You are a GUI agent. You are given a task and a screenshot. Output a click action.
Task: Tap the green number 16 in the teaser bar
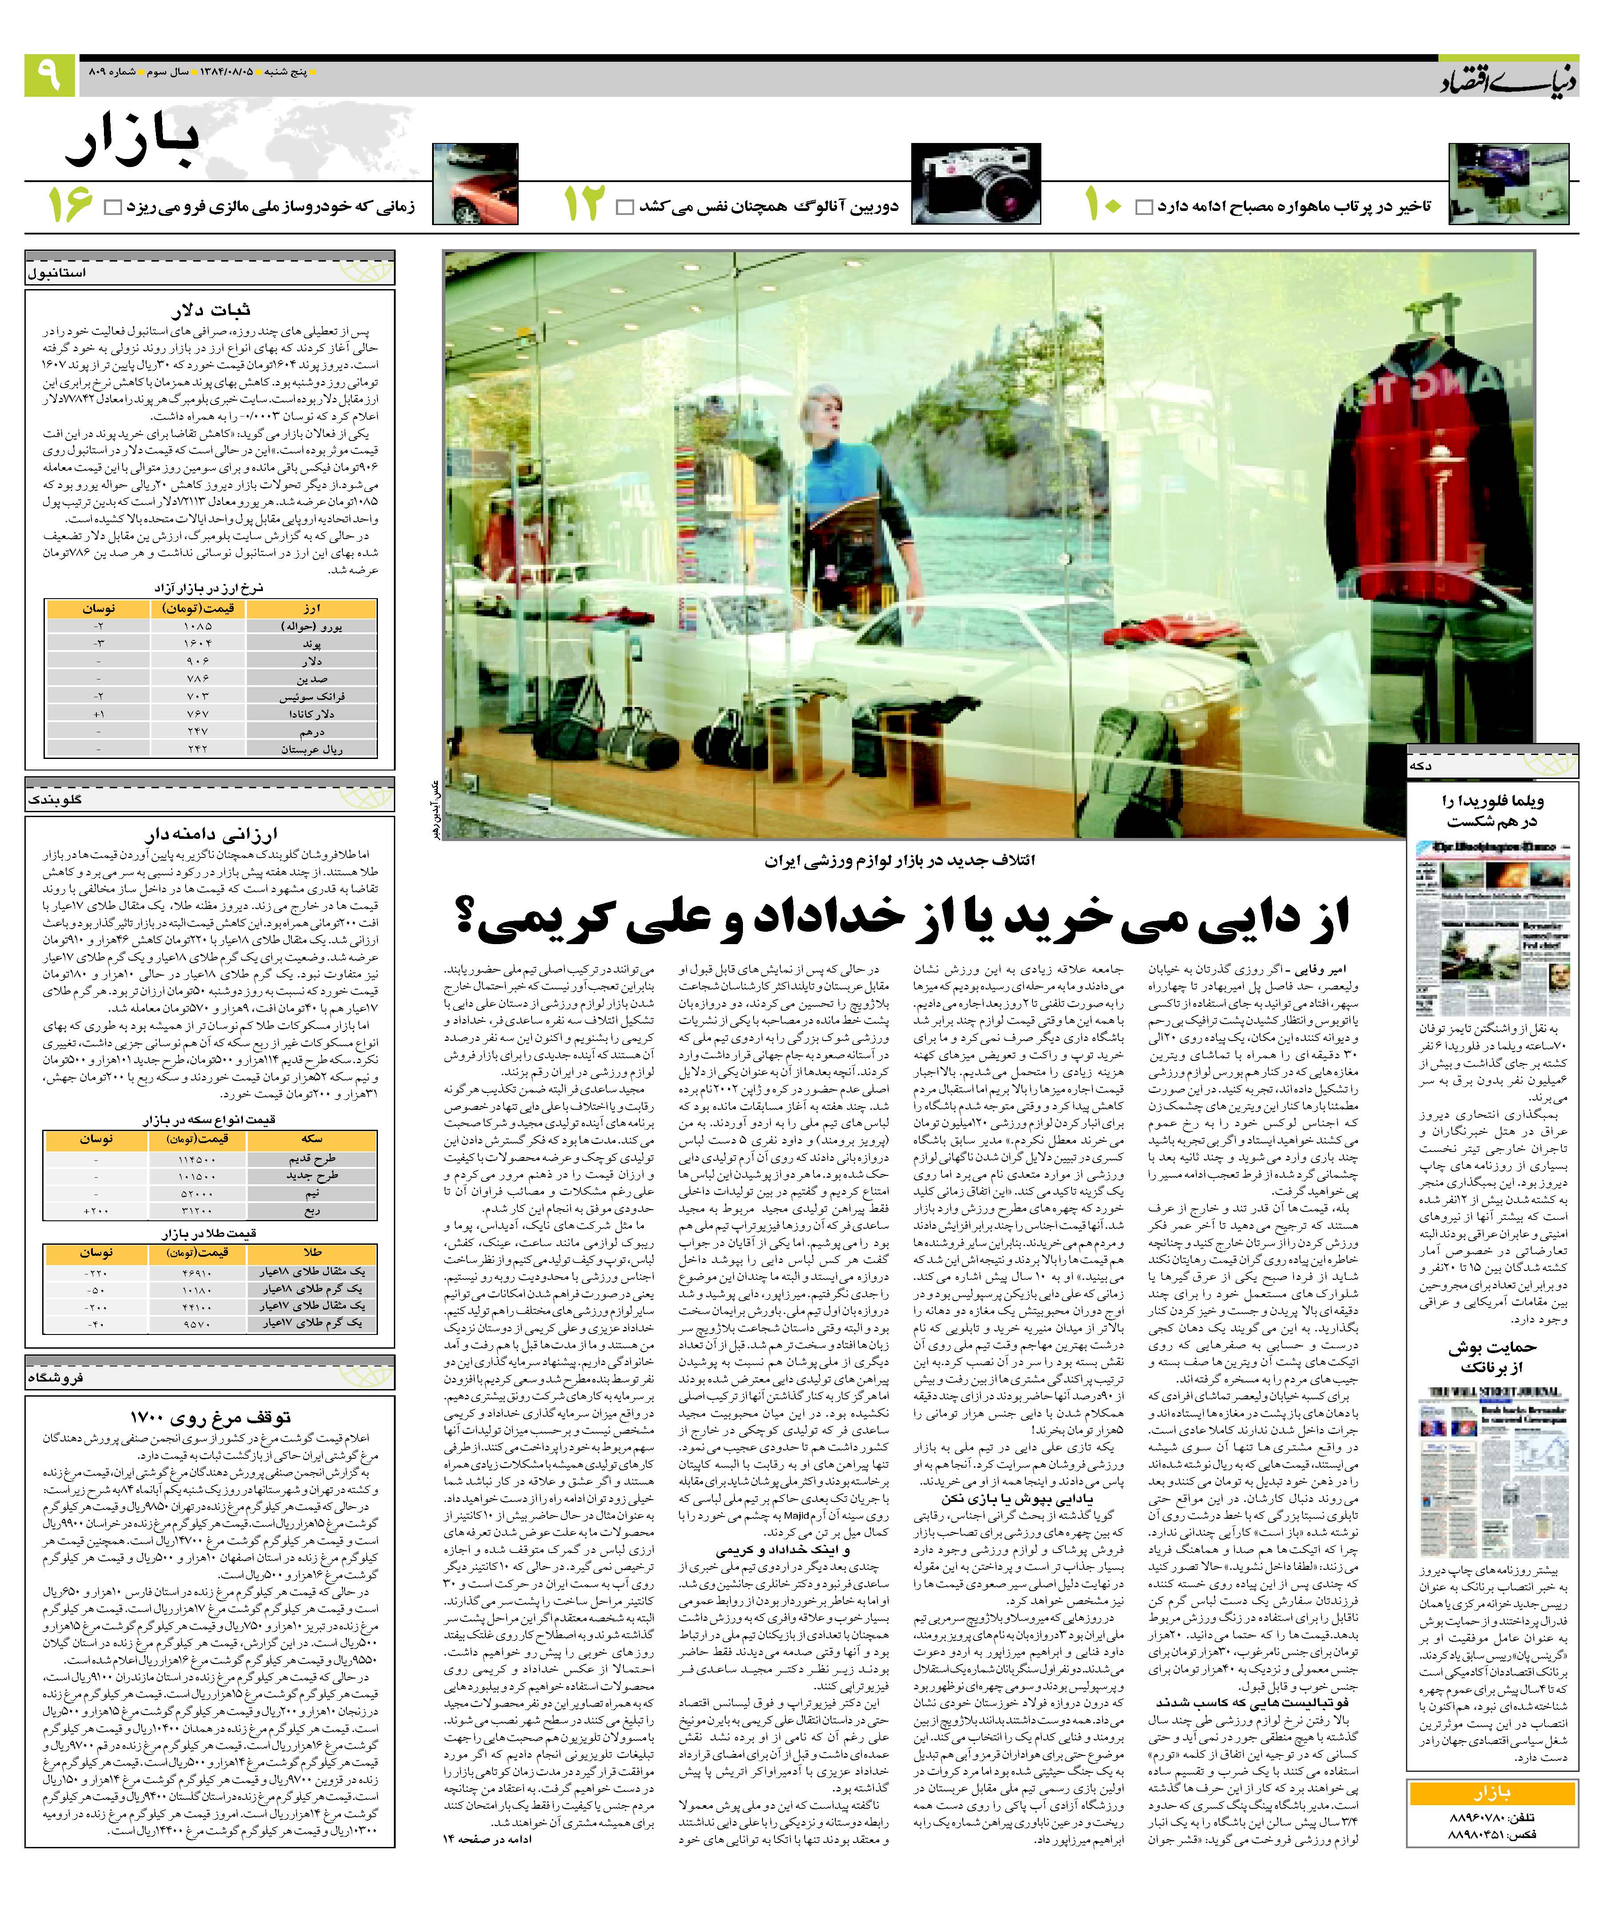[x=70, y=206]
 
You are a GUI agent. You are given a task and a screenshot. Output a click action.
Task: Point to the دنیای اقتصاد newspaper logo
[x=1508, y=80]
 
